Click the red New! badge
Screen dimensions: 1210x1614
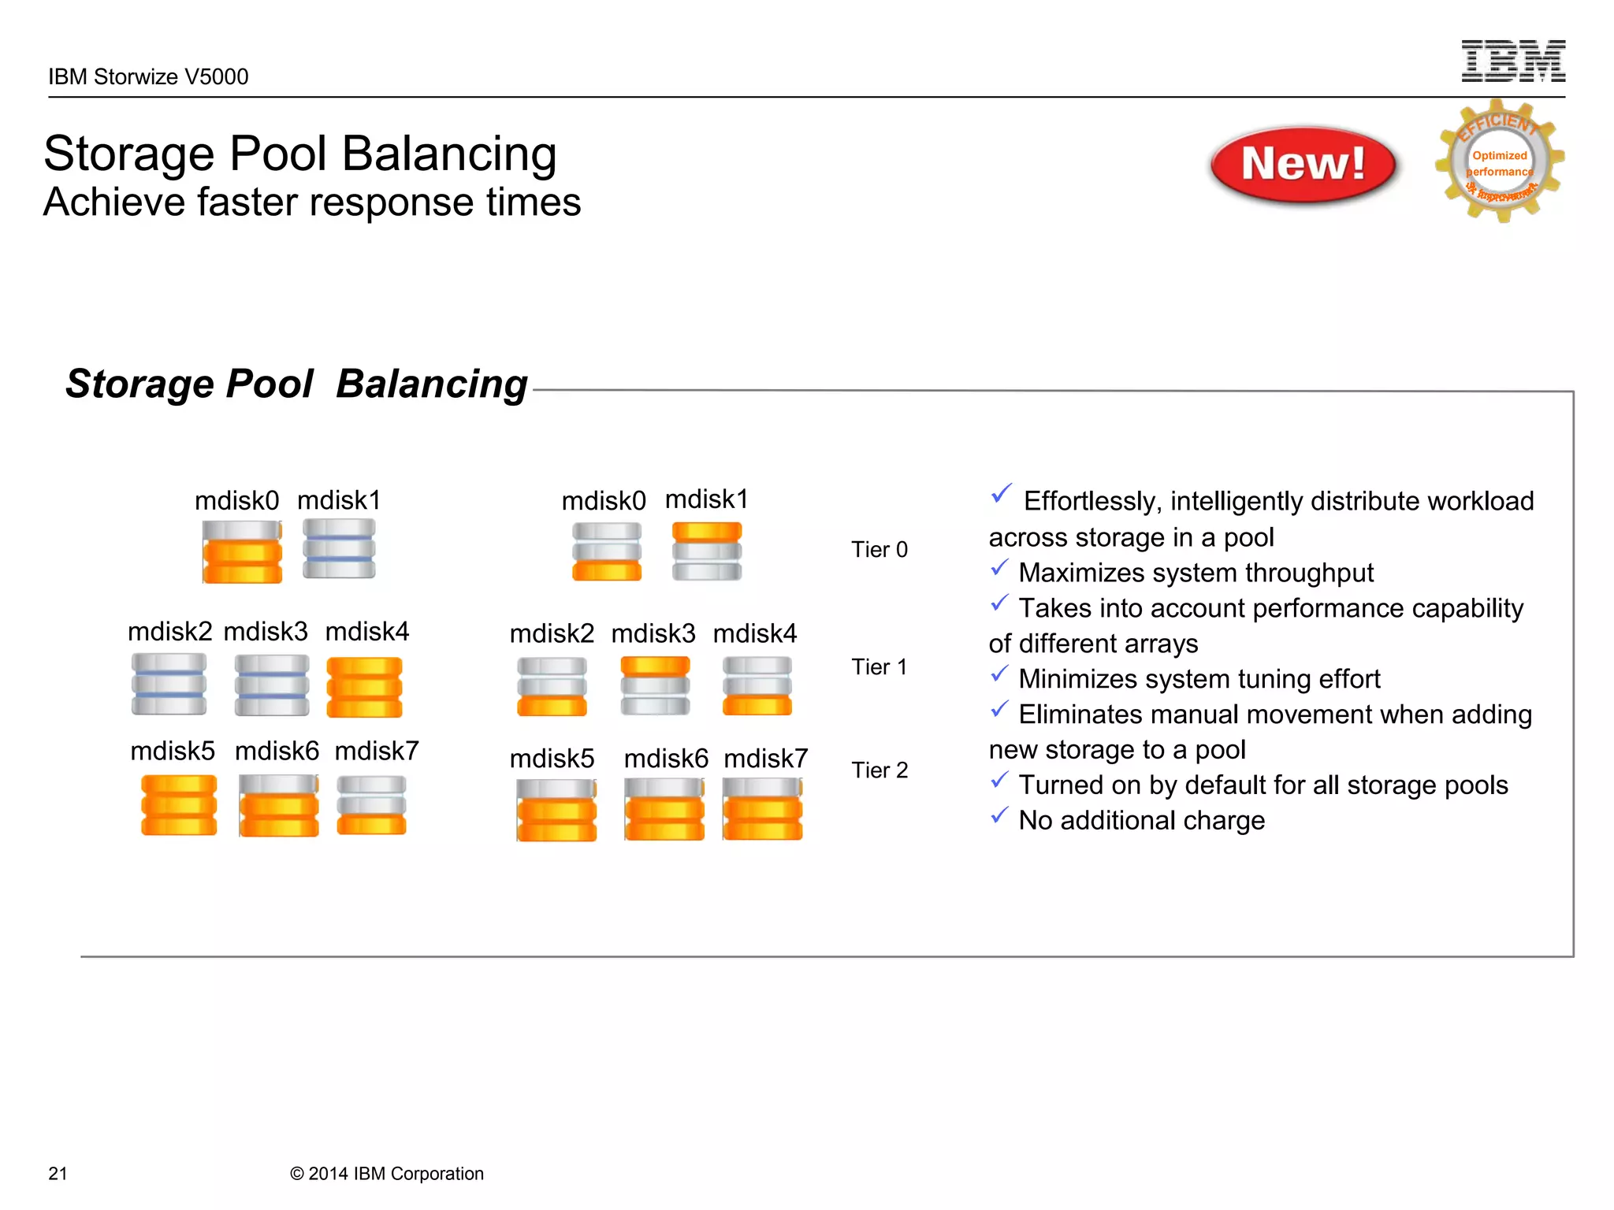(x=1303, y=165)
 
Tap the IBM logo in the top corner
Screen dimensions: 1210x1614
(x=1512, y=61)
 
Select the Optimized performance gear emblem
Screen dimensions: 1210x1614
(x=1500, y=161)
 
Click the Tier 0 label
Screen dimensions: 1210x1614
(x=879, y=549)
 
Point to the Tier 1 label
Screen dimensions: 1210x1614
(x=879, y=667)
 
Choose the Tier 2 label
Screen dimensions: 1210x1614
(x=879, y=770)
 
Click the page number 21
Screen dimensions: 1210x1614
(x=58, y=1173)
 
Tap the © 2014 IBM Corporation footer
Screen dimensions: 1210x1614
(x=386, y=1173)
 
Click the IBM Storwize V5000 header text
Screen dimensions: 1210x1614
(x=148, y=76)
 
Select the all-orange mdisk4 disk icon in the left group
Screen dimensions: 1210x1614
(x=364, y=687)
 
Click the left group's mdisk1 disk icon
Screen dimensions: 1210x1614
(x=339, y=549)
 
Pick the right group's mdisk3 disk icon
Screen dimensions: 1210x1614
(x=655, y=685)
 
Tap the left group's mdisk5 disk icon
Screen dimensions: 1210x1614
(x=179, y=804)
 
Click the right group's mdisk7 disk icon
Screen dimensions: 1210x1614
(x=762, y=809)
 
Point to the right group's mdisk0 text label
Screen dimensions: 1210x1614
(x=603, y=501)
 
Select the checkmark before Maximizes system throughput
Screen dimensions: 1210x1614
(x=999, y=568)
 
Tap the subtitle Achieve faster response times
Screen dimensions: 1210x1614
(x=312, y=202)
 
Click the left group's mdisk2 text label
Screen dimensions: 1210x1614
(x=169, y=632)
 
